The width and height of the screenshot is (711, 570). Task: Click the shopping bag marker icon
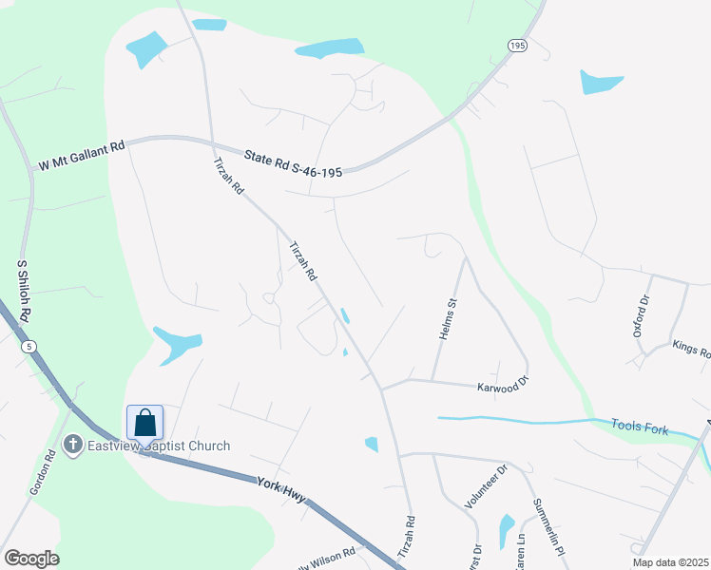point(144,422)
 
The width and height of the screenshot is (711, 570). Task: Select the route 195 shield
point(516,46)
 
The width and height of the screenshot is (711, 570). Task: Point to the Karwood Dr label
point(502,387)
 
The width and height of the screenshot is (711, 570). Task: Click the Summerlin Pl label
point(549,526)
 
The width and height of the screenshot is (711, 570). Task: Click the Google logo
point(31,559)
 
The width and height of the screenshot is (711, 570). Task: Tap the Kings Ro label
point(691,349)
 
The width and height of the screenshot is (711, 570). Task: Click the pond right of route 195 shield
point(602,82)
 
